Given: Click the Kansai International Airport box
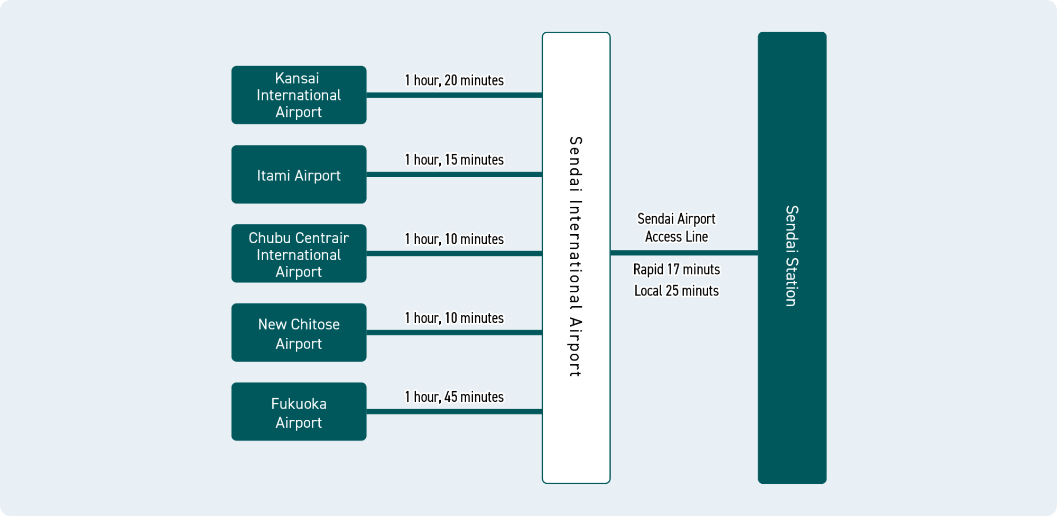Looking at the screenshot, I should tap(299, 95).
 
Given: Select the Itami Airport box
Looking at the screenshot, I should tap(299, 174).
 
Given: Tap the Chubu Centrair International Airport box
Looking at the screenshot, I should tap(299, 254).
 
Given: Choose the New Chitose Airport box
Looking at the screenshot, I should tap(299, 333).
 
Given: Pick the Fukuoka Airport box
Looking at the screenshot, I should tap(299, 412).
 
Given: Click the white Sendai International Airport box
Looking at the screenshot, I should tap(576, 257).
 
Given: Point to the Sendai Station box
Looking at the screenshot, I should tap(792, 257).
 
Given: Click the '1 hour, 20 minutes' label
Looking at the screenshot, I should tap(454, 80).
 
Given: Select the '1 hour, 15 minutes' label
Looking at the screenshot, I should tap(454, 160).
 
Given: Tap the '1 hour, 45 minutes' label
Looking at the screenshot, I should tap(454, 397).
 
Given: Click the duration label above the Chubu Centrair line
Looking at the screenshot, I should tap(454, 239).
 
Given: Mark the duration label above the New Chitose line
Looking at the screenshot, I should tap(454, 318).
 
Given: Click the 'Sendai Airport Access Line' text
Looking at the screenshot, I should tap(676, 228).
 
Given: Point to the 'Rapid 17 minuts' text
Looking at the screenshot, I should tap(676, 270).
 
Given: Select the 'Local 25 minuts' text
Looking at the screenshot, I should tap(676, 291).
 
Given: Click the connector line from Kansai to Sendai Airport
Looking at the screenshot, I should tap(454, 95).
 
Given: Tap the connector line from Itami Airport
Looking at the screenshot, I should tap(454, 174).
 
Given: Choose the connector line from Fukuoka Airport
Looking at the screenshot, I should tap(454, 412).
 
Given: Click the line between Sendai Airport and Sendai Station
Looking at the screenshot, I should tap(684, 253).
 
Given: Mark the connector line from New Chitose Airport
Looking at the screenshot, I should tap(454, 333).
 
